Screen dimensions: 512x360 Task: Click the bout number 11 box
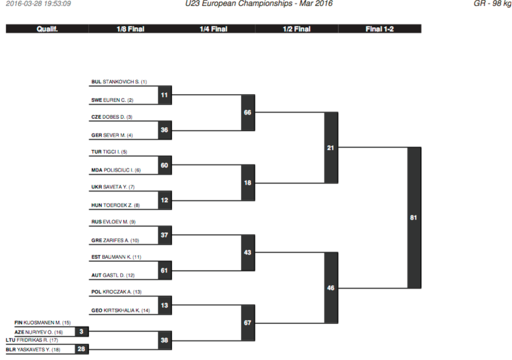(165, 95)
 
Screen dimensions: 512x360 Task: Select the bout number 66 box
(248, 113)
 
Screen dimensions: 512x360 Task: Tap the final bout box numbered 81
(414, 218)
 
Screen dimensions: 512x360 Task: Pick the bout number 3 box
(82, 332)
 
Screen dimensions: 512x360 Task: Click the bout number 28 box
(82, 349)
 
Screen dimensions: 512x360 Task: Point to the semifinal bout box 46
(331, 288)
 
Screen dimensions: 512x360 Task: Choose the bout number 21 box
(331, 147)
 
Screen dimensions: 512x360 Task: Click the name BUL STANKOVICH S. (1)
(119, 82)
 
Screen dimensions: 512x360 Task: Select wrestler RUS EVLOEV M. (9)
(113, 222)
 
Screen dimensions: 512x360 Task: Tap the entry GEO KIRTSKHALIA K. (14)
(121, 310)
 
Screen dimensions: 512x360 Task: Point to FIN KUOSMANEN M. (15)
(42, 323)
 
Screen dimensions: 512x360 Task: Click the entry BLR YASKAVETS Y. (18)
(33, 350)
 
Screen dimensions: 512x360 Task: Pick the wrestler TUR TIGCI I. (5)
(109, 152)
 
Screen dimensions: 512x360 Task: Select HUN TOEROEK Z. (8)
(116, 206)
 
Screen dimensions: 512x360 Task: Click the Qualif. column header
(47, 29)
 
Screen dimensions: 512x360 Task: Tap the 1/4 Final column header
(214, 29)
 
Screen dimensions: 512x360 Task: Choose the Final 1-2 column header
(380, 29)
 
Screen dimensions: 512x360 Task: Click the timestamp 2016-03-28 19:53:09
(38, 3)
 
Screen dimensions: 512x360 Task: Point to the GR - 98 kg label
(492, 3)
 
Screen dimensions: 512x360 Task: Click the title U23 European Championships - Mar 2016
(259, 3)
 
